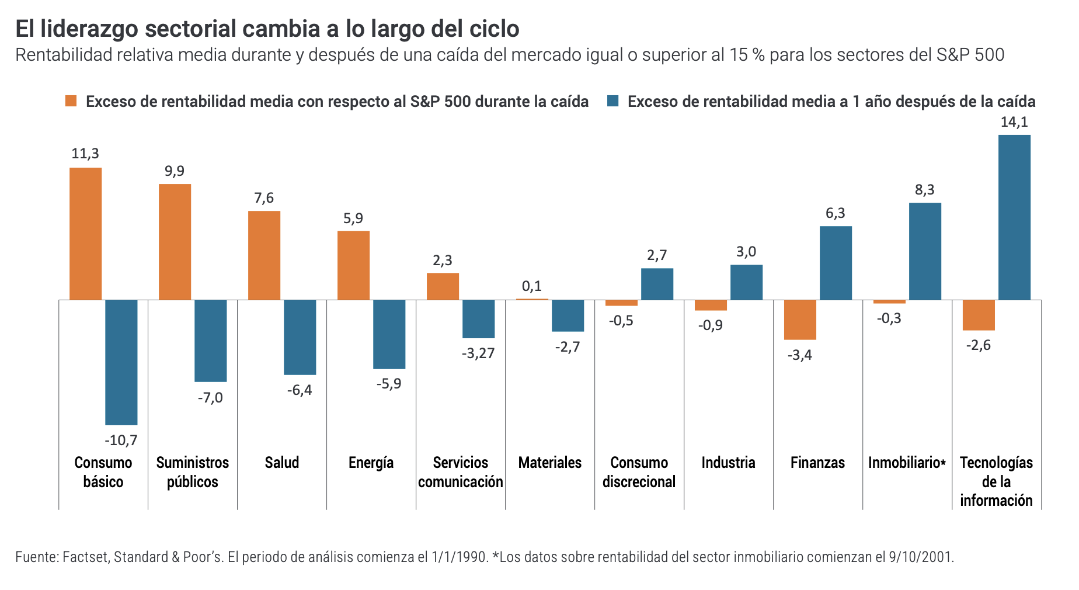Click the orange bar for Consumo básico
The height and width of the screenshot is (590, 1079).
click(x=85, y=234)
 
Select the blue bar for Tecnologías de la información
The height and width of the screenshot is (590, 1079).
click(x=1014, y=217)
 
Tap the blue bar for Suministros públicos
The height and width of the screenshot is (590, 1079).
click(x=210, y=341)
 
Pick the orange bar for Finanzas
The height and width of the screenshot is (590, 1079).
click(x=800, y=320)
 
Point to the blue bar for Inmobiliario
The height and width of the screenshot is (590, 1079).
click(x=925, y=251)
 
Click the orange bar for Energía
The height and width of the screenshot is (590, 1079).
click(x=353, y=265)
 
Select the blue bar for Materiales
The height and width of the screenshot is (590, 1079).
click(x=568, y=315)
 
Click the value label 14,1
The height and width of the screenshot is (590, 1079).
click(x=1014, y=122)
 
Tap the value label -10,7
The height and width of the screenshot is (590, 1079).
click(x=121, y=440)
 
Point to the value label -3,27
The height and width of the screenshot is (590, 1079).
click(x=478, y=353)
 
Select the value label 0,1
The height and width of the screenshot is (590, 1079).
click(x=532, y=286)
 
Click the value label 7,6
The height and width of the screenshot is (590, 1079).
click(x=264, y=198)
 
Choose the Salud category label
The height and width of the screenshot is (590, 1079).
click(x=282, y=463)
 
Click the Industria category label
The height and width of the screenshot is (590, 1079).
click(x=728, y=463)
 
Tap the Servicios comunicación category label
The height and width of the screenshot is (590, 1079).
click(x=461, y=472)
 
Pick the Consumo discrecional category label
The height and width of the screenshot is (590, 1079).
click(x=639, y=472)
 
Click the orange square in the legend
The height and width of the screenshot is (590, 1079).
click(x=71, y=101)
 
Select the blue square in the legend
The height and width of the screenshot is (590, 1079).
click(x=612, y=101)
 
